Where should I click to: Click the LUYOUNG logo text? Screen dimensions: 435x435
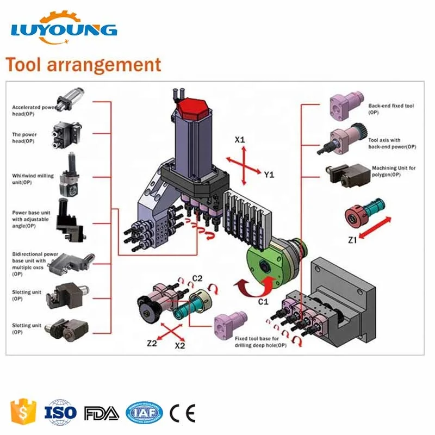tap(64, 29)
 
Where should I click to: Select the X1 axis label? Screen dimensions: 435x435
tap(240, 140)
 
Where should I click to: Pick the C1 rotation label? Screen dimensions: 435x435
tap(263, 301)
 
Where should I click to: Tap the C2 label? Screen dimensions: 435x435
tap(197, 278)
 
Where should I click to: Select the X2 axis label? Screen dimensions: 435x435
tap(181, 345)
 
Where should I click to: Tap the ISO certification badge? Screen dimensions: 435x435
tap(61, 413)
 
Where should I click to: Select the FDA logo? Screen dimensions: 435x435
tap(102, 413)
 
